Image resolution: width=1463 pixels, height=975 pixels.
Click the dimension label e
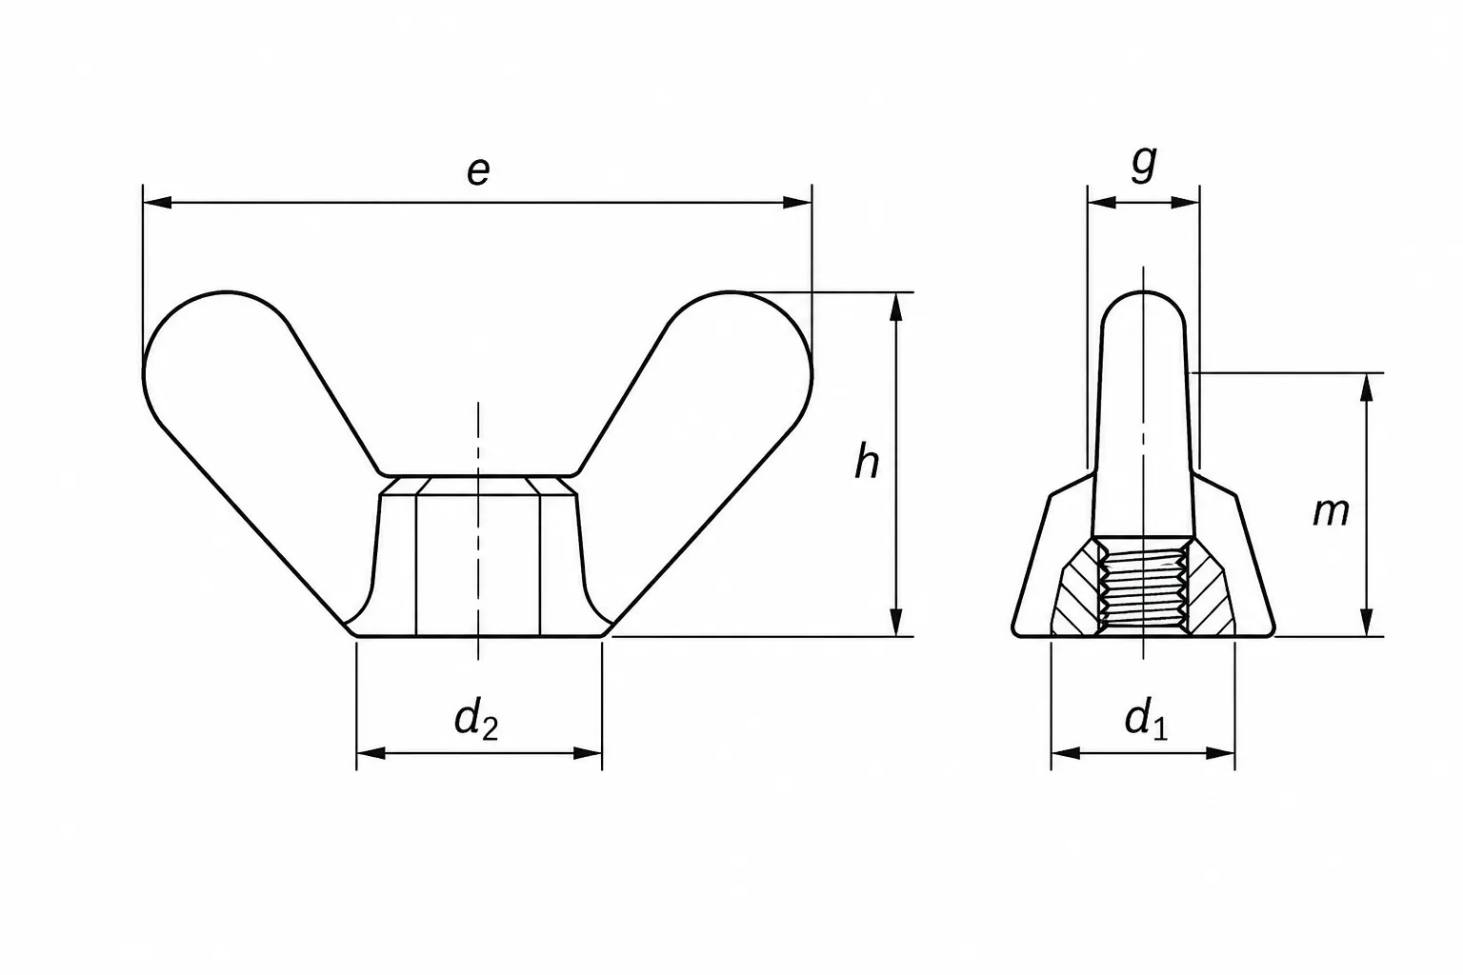tap(478, 171)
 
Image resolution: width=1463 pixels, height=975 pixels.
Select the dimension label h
tap(867, 461)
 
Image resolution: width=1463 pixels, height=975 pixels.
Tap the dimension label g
tap(1144, 163)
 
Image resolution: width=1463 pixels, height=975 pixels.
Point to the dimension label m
tap(1331, 513)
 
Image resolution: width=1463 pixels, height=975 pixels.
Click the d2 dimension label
tap(476, 720)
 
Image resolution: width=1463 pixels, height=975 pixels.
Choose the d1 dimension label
tap(1146, 720)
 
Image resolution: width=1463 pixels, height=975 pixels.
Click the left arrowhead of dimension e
tap(157, 203)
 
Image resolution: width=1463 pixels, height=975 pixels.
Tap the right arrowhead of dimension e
tap(797, 203)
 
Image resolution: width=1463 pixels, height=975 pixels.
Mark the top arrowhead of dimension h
tap(896, 307)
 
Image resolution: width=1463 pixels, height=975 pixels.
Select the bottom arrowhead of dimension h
tap(896, 622)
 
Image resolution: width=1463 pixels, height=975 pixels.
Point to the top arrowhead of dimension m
tap(1367, 388)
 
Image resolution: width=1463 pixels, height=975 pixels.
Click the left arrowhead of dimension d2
tap(371, 753)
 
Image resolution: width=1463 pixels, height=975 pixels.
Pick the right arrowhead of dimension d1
tap(1220, 753)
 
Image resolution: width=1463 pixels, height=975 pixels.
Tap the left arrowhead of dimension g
tap(1102, 203)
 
